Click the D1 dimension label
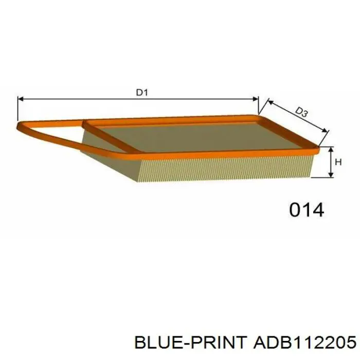coord(142,93)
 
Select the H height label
coord(338,162)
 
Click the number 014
coord(307,210)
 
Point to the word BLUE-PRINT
coord(191,342)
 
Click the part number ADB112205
coord(304,342)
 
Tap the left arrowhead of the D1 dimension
coord(21,99)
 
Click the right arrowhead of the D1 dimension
coord(256,99)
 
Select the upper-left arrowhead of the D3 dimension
coord(271,102)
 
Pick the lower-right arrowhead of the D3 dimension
coord(324,130)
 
